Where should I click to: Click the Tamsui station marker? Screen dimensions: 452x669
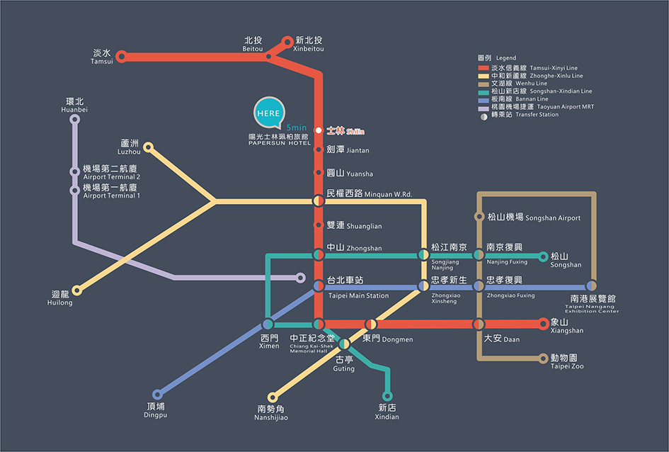point(121,56)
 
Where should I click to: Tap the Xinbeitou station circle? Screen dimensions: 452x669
point(287,41)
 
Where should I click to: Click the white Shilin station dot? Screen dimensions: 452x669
point(319,130)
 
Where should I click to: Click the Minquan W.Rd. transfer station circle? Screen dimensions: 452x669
point(319,201)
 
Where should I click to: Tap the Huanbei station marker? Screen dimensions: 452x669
point(75,119)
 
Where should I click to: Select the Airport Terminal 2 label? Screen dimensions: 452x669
point(111,172)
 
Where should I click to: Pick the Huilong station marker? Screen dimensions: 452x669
point(77,290)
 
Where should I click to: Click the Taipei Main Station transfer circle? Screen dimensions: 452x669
point(319,286)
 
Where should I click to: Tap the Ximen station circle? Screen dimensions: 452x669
point(268,324)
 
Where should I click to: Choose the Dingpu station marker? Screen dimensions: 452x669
point(157,395)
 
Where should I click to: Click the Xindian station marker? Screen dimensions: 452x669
point(387,395)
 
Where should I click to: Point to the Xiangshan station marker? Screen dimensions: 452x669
point(544,324)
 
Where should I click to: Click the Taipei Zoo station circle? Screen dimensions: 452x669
point(544,358)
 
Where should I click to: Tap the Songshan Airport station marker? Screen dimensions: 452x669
point(479,217)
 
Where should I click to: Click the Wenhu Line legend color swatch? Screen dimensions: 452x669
point(484,84)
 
